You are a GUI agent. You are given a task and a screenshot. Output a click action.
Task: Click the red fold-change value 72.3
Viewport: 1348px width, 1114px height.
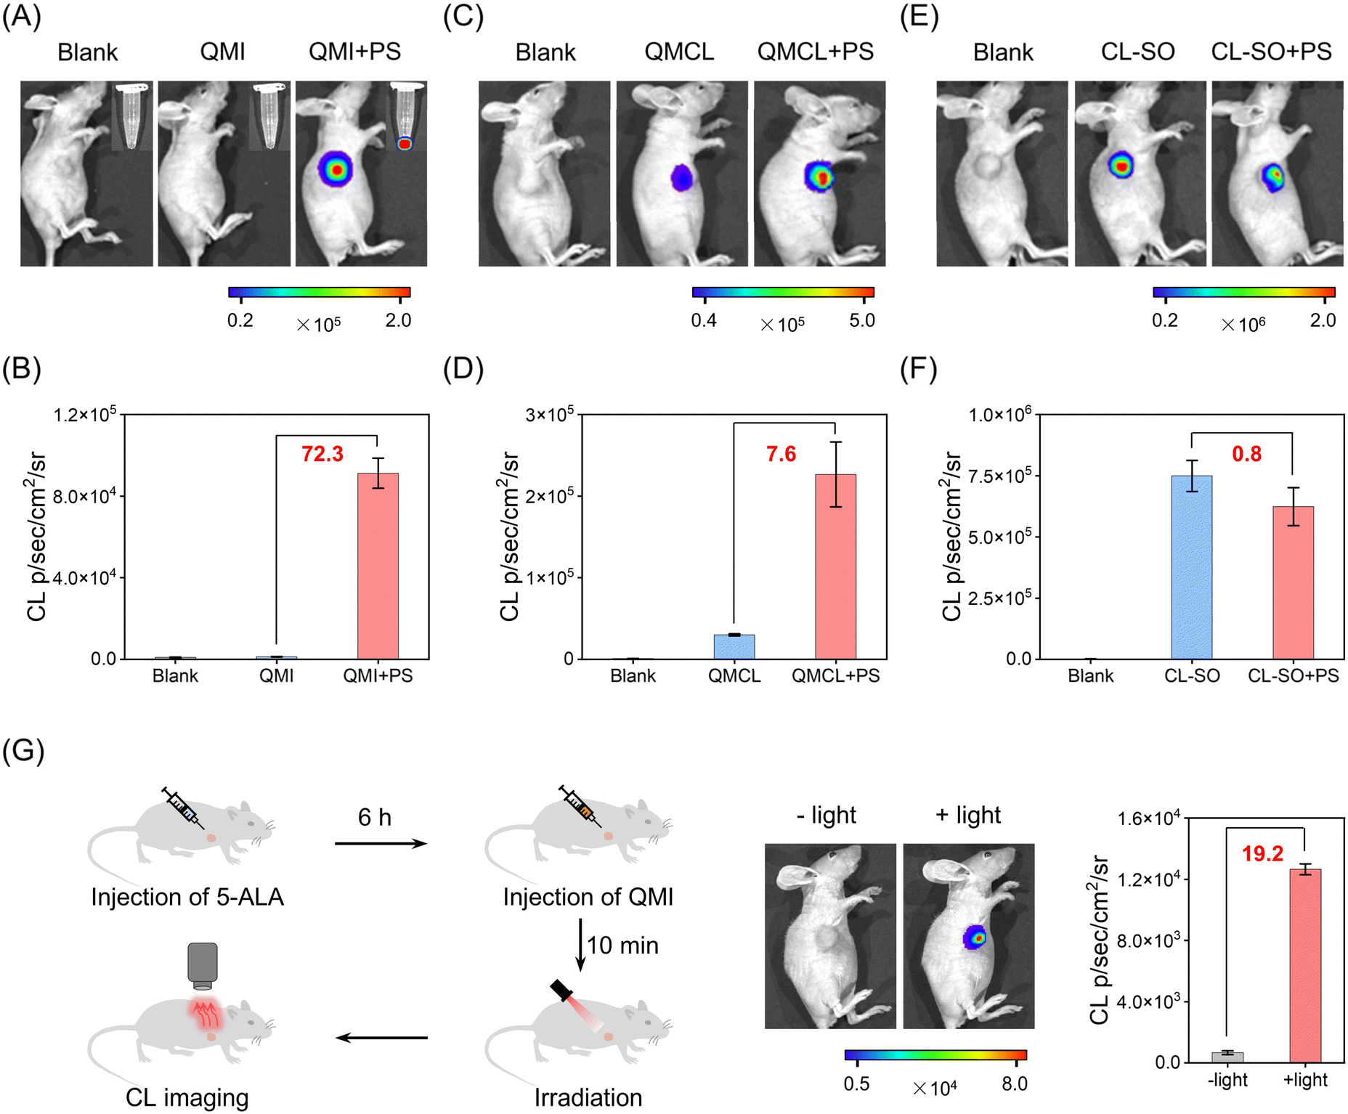(322, 454)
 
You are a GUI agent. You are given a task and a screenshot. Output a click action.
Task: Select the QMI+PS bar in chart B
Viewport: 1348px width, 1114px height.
(378, 566)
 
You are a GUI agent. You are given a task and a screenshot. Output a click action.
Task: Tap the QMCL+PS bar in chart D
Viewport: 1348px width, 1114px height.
(835, 566)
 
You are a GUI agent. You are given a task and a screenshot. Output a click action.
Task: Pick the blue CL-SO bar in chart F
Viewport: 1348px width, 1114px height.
(1192, 567)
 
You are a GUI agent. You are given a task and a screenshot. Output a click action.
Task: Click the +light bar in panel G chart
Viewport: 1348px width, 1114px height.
(1305, 966)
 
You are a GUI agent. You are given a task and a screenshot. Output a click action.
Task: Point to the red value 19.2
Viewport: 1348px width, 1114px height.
(1262, 854)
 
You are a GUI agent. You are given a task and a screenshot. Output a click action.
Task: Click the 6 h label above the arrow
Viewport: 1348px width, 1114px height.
(375, 818)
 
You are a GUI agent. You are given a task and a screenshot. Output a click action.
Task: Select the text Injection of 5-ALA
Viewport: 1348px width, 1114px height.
(187, 898)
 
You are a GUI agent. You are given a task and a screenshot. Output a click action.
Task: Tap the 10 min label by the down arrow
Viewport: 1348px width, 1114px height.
(622, 946)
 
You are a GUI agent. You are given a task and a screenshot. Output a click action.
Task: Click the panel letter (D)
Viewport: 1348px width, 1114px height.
(463, 369)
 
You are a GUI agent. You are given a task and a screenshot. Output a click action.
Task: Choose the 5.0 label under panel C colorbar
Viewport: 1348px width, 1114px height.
(862, 320)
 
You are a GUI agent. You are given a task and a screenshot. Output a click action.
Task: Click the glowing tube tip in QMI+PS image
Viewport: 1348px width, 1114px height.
(405, 143)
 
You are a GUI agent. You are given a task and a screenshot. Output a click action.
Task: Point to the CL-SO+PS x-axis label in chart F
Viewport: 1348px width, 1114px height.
(1294, 676)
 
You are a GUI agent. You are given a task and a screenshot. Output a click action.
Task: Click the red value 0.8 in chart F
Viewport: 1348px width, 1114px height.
(1246, 454)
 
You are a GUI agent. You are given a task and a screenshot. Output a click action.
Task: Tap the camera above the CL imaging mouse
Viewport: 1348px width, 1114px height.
(203, 966)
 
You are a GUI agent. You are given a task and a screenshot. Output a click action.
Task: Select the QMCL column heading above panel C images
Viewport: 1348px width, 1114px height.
(680, 52)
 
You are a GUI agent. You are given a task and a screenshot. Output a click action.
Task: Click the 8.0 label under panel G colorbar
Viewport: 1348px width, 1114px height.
(1015, 1084)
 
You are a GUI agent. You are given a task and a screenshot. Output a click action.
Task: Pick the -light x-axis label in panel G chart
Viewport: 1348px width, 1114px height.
(1227, 1080)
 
